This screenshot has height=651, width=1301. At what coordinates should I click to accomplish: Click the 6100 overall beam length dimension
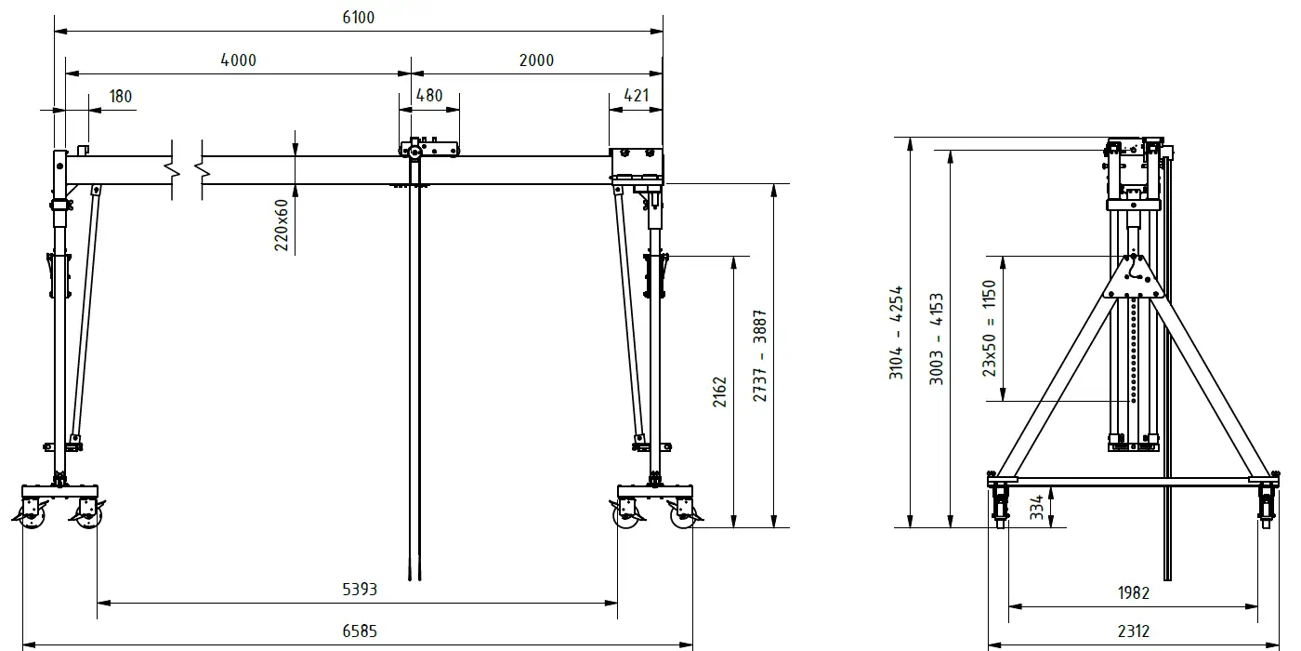[x=359, y=18]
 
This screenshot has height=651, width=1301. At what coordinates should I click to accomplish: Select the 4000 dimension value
[x=238, y=60]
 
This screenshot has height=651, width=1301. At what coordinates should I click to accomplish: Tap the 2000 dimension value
[x=536, y=60]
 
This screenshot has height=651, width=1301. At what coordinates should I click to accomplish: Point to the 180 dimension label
[x=120, y=97]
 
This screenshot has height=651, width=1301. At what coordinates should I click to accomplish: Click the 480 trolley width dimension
[x=429, y=95]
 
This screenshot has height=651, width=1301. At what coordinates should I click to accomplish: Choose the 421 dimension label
[x=636, y=95]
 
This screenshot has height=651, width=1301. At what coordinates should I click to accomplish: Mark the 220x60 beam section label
[x=281, y=225]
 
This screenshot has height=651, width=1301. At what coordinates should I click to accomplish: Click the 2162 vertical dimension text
[x=719, y=392]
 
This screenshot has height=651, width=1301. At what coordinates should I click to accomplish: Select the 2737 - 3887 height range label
[x=760, y=355]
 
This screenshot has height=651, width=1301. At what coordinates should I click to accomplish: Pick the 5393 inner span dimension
[x=360, y=590]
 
